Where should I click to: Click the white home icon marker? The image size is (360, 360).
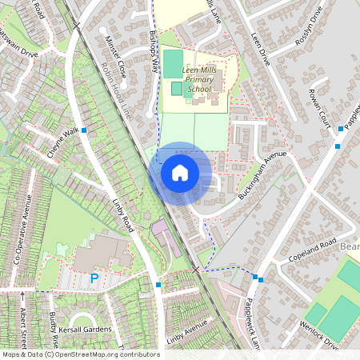pyautogui.click(x=180, y=173)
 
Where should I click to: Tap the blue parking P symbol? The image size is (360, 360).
pyautogui.click(x=94, y=278)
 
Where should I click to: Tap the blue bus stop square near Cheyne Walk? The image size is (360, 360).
pyautogui.click(x=84, y=129)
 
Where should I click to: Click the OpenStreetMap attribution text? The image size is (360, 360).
pyautogui.click(x=81, y=354)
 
